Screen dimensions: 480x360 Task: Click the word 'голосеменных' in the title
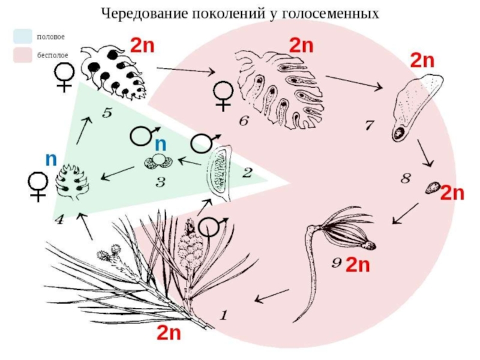(329, 14)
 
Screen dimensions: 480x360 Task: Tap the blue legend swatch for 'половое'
(23, 37)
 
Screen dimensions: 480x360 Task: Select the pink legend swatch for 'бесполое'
(23, 55)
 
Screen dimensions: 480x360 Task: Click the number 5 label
(107, 113)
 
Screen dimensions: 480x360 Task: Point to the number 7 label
(370, 125)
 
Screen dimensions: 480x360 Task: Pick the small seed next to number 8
(433, 188)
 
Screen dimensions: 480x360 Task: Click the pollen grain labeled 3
(158, 161)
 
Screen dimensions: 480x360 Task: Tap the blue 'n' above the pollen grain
(161, 144)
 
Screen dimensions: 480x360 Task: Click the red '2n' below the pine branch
(169, 332)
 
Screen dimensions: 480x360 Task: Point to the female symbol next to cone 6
(223, 95)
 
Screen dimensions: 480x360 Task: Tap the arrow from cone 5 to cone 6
(186, 70)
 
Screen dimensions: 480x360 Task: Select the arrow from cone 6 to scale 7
(354, 82)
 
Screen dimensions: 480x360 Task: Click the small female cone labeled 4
(72, 182)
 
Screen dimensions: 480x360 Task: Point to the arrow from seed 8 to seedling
(406, 214)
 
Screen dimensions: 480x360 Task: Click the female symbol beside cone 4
(38, 187)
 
